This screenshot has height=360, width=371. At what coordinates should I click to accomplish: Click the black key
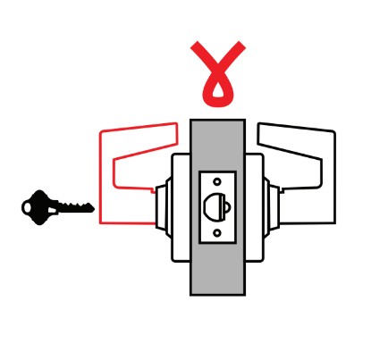coord(55,206)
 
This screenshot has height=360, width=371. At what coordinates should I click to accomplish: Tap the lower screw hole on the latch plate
coord(218,233)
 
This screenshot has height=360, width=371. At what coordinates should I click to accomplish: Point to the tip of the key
coord(92,209)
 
